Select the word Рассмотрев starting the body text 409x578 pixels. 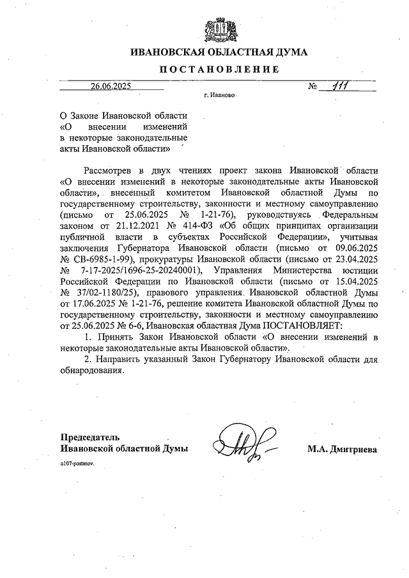[x=109, y=170]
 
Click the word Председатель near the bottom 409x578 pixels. [x=89, y=437]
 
